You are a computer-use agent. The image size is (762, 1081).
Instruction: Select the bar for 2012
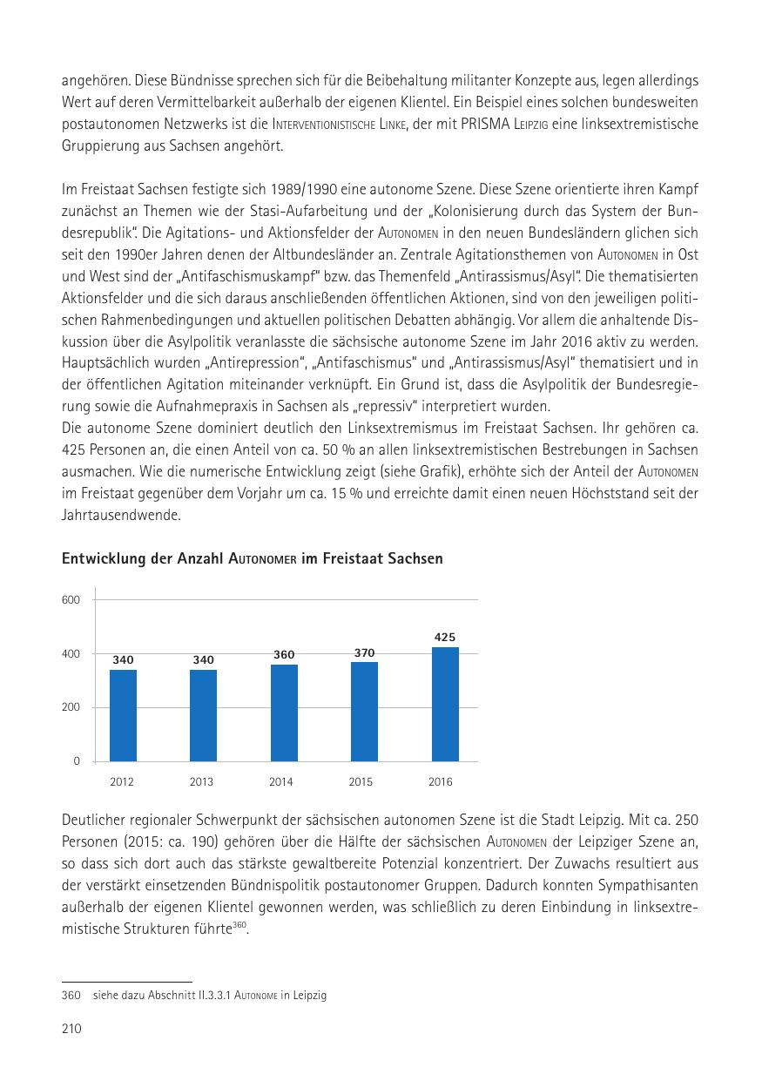coord(123,715)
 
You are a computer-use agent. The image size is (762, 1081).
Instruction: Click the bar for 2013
coord(203,715)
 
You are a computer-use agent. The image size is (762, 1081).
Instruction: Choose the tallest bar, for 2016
coord(445,704)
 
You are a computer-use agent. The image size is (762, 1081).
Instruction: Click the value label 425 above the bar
coord(445,638)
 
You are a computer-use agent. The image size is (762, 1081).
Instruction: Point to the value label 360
coord(284,655)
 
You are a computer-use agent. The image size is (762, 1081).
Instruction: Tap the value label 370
coord(364,652)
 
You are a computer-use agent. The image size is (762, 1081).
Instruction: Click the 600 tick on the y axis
coord(71,600)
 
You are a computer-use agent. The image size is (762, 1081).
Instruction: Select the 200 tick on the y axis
coord(71,707)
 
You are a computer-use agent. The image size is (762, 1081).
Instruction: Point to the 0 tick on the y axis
coord(76,761)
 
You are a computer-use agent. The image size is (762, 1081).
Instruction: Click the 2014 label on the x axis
coord(280,782)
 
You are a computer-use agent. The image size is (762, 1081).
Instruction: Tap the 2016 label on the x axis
coord(441,782)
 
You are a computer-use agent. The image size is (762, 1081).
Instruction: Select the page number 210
coord(71,1030)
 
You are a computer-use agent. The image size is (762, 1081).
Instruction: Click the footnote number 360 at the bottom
coord(71,995)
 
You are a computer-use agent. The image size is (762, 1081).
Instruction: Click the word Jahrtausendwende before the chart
coord(120,516)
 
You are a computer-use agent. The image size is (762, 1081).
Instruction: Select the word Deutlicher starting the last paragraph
coord(98,821)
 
